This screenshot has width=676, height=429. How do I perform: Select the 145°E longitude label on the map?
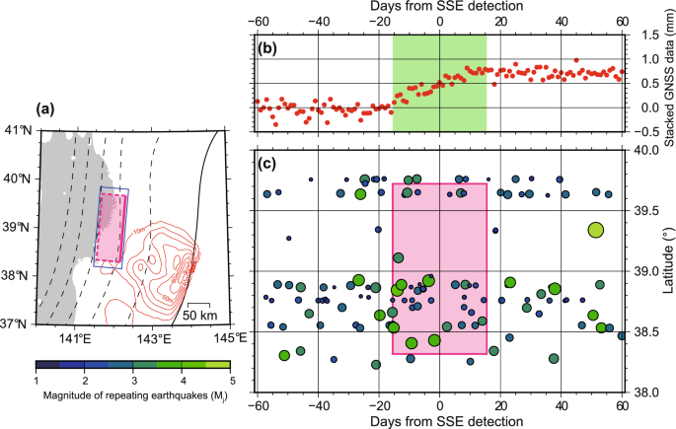[228, 339]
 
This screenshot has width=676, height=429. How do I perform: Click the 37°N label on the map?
[18, 323]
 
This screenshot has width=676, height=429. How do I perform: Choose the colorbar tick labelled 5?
[230, 379]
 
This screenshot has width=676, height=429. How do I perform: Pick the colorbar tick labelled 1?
[37, 379]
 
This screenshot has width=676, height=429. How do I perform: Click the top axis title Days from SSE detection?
[439, 7]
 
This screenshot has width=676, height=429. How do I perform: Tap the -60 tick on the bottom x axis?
[258, 405]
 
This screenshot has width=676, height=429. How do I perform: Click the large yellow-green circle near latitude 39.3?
[596, 229]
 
